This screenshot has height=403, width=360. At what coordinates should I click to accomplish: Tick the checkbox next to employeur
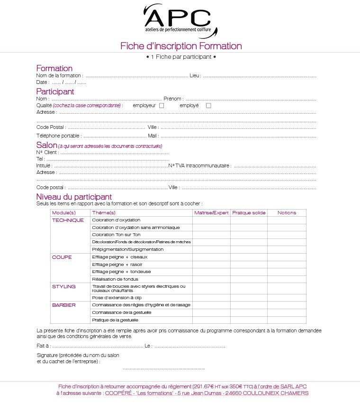tap(162, 106)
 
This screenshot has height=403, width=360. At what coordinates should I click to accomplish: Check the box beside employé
tap(208, 106)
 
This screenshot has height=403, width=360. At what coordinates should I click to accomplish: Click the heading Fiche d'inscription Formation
tap(181, 46)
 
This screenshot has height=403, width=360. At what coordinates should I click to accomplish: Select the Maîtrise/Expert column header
tap(211, 213)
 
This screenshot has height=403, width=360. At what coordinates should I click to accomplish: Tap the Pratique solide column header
tap(249, 213)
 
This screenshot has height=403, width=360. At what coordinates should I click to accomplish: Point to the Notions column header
tap(287, 213)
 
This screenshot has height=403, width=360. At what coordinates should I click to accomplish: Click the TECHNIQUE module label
tap(68, 220)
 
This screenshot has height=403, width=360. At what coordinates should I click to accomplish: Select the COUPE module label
tap(62, 257)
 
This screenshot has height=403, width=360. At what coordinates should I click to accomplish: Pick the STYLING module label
tap(64, 287)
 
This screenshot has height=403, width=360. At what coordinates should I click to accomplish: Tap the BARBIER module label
tap(64, 305)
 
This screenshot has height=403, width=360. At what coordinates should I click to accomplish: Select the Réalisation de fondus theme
tap(115, 279)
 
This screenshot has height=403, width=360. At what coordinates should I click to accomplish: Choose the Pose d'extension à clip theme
tap(117, 298)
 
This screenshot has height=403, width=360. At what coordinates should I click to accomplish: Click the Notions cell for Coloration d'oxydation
tap(287, 220)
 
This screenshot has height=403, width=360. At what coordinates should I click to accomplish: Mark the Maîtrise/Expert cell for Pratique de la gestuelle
tap(211, 320)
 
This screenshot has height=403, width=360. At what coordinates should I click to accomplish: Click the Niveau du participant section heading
tap(74, 197)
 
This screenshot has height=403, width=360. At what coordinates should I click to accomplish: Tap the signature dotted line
tap(164, 368)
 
